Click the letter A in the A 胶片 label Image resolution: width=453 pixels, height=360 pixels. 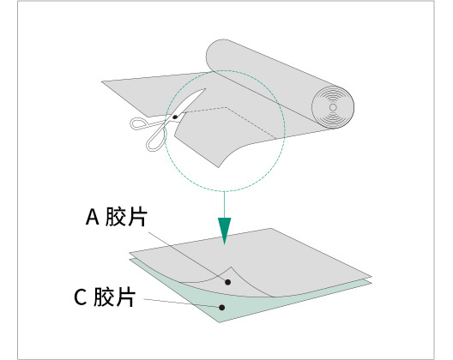pyautogui.click(x=93, y=217)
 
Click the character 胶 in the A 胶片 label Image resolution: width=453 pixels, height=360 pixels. pyautogui.click(x=116, y=216)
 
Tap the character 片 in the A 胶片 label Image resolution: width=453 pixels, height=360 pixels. pyautogui.click(x=137, y=216)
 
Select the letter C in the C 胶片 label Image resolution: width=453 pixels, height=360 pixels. pyautogui.click(x=81, y=297)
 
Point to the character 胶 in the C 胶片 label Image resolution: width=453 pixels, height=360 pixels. pyautogui.click(x=104, y=297)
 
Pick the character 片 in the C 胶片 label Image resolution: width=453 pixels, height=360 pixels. pyautogui.click(x=125, y=297)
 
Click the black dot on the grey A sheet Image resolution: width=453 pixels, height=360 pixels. pyautogui.click(x=227, y=282)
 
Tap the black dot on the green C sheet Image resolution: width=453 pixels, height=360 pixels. pyautogui.click(x=221, y=308)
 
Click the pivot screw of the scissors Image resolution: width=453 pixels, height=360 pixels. pyautogui.click(x=175, y=117)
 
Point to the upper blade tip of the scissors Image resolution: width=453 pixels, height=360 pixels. pyautogui.click(x=205, y=89)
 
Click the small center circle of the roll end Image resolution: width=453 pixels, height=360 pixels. pyautogui.click(x=333, y=107)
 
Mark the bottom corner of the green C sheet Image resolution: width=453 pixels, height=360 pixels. pyautogui.click(x=220, y=322)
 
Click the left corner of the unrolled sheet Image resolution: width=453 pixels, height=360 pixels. pyautogui.click(x=102, y=81)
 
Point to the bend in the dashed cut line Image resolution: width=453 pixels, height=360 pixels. pyautogui.click(x=227, y=108)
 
